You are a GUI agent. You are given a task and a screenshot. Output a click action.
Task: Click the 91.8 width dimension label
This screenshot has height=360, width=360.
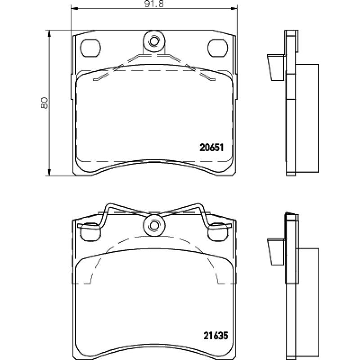[154, 4]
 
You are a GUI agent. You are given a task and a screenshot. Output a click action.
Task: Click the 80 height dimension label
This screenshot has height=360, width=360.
[44, 103]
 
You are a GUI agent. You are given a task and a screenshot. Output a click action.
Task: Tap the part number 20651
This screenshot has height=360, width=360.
[211, 148]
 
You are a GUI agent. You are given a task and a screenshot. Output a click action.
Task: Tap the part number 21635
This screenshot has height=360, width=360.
[216, 336]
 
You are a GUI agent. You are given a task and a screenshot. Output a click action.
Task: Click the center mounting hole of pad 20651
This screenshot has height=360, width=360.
[153, 41]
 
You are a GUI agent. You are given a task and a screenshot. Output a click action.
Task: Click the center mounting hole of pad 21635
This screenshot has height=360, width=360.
[153, 225]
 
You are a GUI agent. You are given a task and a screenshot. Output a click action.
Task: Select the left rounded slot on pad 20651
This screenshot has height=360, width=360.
[90, 48]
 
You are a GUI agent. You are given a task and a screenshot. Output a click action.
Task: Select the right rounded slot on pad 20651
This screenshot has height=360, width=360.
[218, 48]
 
